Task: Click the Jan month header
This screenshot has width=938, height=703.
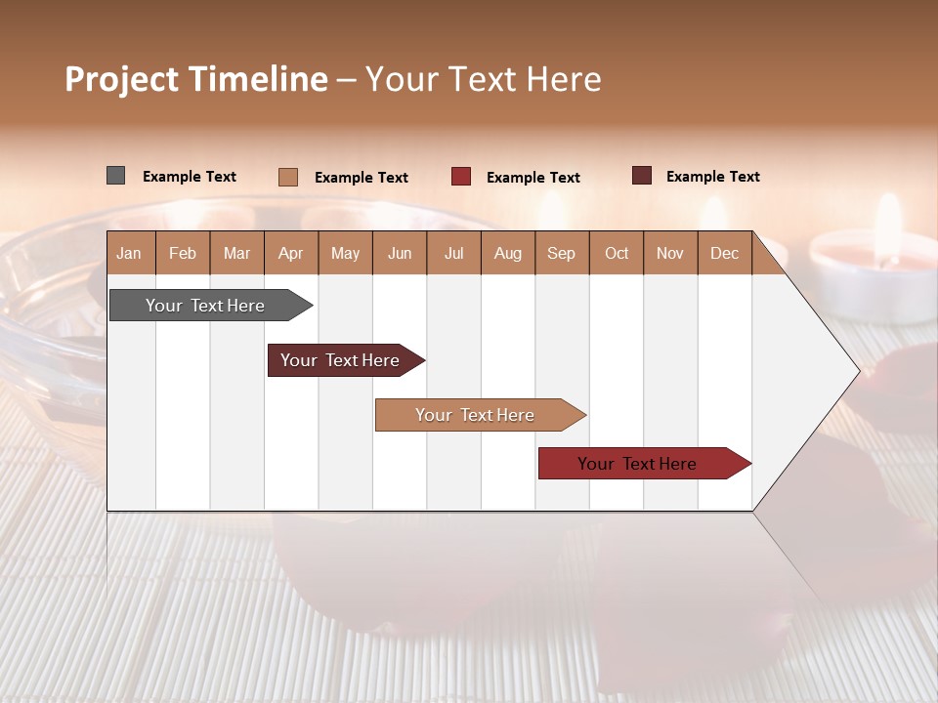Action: pos(129,253)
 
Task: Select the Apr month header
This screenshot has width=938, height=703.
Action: pos(290,253)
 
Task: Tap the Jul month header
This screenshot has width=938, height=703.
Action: pos(453,253)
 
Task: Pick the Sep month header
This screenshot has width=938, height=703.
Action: pos(561,253)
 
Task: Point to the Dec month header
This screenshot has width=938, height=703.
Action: pos(724,253)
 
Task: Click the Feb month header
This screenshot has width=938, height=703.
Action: pos(183,253)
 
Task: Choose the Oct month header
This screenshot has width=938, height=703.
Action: pos(617,253)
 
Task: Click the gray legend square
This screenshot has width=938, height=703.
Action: pos(115,176)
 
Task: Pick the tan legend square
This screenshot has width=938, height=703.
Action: pos(287,177)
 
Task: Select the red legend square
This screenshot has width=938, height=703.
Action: pos(461,177)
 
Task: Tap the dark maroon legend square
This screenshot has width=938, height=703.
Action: pos(641,176)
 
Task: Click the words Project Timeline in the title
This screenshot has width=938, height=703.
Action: pos(195,79)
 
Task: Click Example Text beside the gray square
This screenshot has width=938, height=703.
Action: pos(190,177)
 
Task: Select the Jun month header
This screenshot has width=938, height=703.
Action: pos(400,253)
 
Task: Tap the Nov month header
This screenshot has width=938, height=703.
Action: pos(670,253)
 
